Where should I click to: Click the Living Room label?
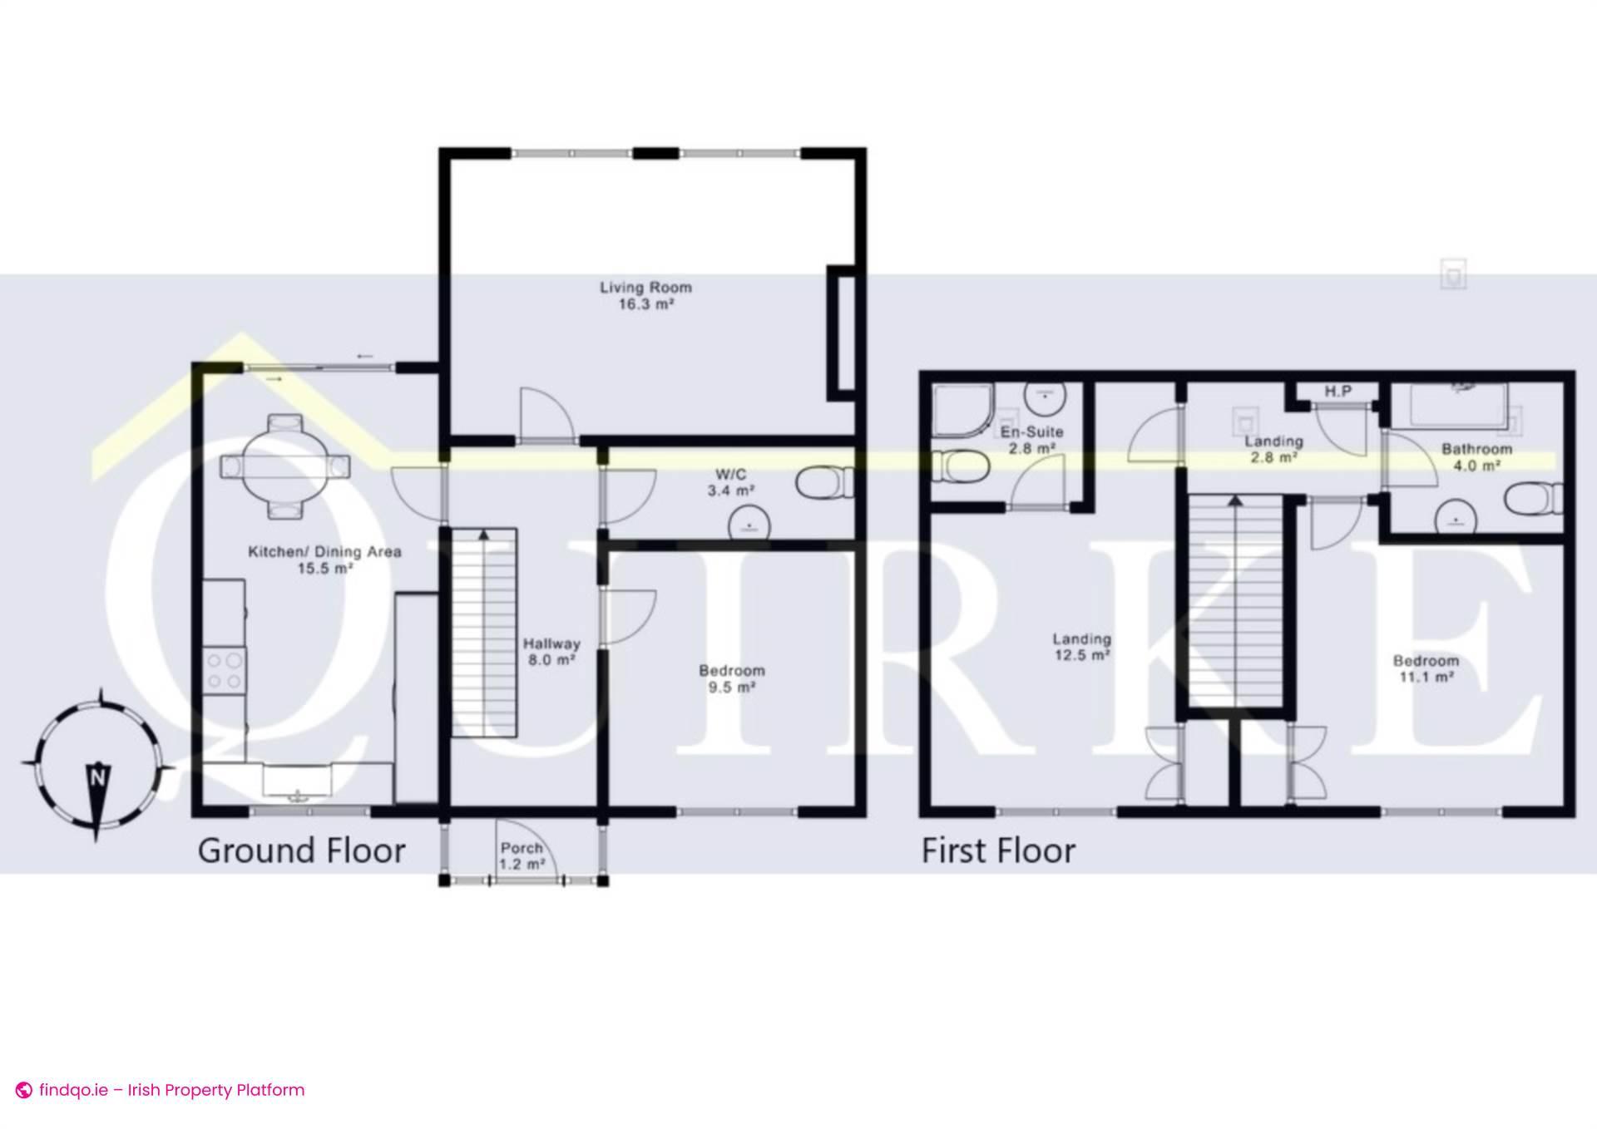[645, 288]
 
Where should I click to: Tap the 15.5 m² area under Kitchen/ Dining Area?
[325, 569]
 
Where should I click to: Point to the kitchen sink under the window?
[298, 781]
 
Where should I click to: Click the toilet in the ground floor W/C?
[823, 483]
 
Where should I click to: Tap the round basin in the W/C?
[749, 525]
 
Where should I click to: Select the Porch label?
[522, 848]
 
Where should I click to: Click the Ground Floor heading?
[301, 851]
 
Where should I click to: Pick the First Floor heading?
[998, 851]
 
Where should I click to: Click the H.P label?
[1337, 392]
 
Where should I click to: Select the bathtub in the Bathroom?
[1459, 405]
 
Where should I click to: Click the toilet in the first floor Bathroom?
[1533, 500]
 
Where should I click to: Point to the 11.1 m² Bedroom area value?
[1426, 678]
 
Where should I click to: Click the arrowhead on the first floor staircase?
[1235, 500]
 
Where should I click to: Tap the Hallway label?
[551, 643]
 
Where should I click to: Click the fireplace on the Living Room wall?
[842, 333]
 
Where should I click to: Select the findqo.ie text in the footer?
[73, 1090]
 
